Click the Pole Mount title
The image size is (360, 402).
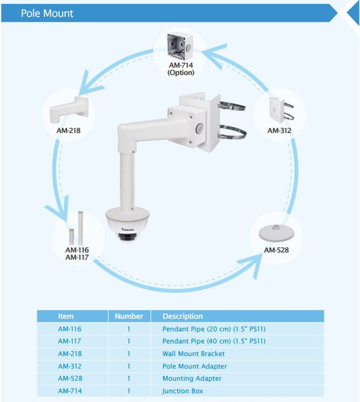[x=47, y=13]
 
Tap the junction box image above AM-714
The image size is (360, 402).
[x=180, y=46]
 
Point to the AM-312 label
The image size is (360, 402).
[x=279, y=131]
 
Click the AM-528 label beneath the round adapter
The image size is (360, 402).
[x=277, y=250]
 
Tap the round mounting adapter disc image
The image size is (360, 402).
[x=277, y=235]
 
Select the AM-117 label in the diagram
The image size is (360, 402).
[x=77, y=257]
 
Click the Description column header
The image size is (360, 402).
[x=183, y=316]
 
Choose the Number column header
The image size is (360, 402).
[x=128, y=316]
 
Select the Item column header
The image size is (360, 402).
[x=66, y=316]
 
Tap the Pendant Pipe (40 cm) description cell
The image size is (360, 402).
[x=214, y=341]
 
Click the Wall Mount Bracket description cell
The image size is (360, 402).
[x=193, y=354]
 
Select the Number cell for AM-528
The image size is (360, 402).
[x=128, y=379]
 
